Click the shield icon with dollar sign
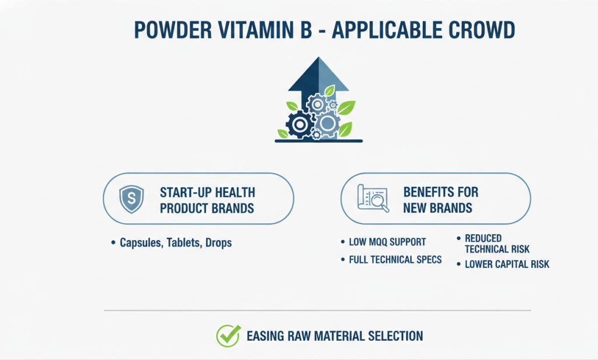[131, 200]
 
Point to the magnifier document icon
[372, 199]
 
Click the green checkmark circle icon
[228, 336]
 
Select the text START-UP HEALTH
[207, 193]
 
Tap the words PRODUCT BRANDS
[207, 208]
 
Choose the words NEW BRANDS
[437, 208]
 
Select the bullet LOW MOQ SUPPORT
[387, 242]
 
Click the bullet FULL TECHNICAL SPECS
[395, 259]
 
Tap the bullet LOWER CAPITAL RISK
[507, 264]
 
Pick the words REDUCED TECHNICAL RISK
[496, 244]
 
